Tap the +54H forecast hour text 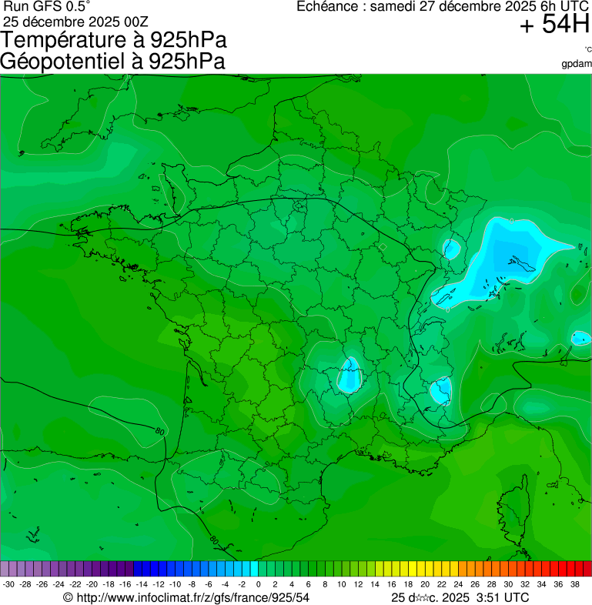coord(554,25)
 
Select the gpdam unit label coord(577,63)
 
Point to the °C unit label coord(587,49)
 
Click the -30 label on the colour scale coord(8,584)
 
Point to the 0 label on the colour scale coord(258,584)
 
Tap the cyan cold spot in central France coord(350,375)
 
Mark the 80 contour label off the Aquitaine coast coord(159,432)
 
